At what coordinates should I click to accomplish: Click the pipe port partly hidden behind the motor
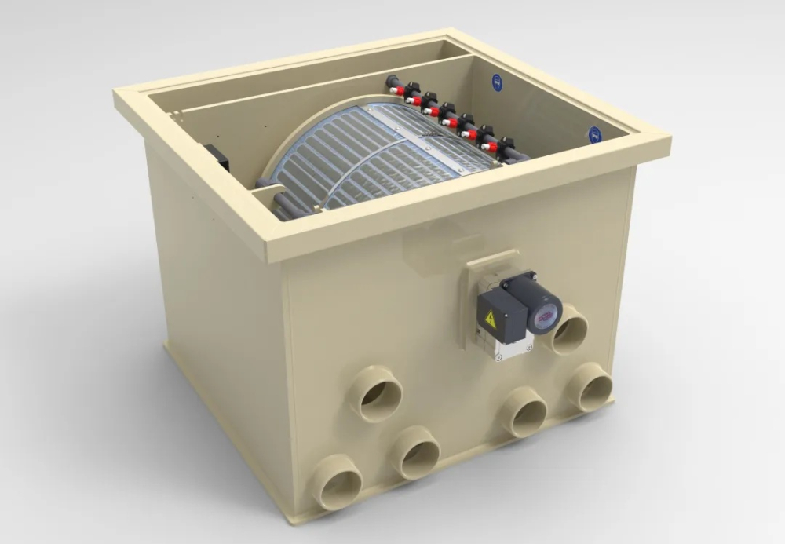pos(570,330)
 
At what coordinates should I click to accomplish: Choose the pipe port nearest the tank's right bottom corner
pos(591,388)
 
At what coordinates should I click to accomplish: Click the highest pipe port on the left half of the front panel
pos(376,394)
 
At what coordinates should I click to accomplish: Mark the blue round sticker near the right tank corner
pos(594,134)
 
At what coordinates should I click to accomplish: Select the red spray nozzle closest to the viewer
pos(490,146)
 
